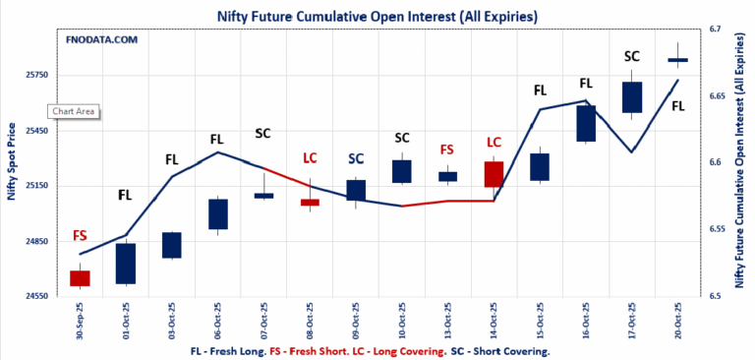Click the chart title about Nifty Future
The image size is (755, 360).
pyautogui.click(x=377, y=17)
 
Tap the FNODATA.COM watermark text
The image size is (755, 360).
pyautogui.click(x=101, y=40)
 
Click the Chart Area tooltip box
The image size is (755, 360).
pyautogui.click(x=74, y=111)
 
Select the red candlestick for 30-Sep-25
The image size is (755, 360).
pyautogui.click(x=80, y=277)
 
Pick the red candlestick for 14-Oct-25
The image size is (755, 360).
pyautogui.click(x=494, y=174)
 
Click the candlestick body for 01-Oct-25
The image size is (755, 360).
pyautogui.click(x=126, y=263)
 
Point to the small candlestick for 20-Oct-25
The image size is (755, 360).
pyautogui.click(x=678, y=61)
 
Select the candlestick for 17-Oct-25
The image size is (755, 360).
pyautogui.click(x=632, y=96)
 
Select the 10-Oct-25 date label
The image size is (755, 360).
pyautogui.click(x=401, y=320)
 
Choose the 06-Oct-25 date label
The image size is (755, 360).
pyautogui.click(x=217, y=320)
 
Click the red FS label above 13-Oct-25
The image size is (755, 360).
pyautogui.click(x=447, y=150)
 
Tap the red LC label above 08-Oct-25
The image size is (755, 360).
pyautogui.click(x=310, y=157)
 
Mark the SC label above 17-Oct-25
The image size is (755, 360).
pyautogui.click(x=632, y=56)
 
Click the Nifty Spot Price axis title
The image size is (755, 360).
pyautogui.click(x=12, y=162)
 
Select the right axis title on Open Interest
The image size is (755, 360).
pyautogui.click(x=740, y=162)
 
